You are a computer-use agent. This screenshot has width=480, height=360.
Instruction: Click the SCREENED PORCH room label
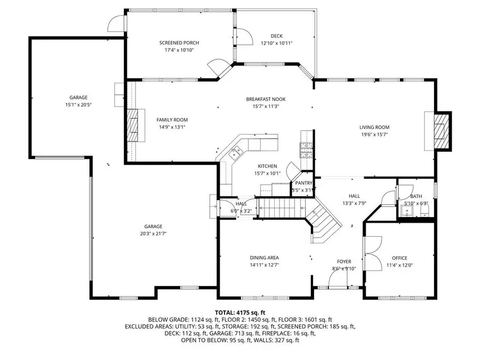tap(179, 43)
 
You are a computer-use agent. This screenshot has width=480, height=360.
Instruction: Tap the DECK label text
tap(276, 36)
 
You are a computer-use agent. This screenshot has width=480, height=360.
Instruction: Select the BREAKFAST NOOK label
tap(266, 99)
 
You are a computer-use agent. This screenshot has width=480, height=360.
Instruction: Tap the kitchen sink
tap(236, 152)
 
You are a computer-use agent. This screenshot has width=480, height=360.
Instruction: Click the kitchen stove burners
tap(307, 150)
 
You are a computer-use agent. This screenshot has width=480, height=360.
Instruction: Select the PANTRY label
tap(303, 183)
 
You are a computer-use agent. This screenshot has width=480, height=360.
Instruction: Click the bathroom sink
tap(407, 211)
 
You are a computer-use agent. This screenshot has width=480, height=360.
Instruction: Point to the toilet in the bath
tap(425, 211)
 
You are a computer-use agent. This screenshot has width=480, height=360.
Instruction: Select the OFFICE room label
tap(399, 258)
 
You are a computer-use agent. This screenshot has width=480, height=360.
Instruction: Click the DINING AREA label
tap(264, 258)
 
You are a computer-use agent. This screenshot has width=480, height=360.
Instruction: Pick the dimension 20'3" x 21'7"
tap(153, 234)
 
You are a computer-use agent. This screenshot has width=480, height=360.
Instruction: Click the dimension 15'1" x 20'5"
tap(78, 105)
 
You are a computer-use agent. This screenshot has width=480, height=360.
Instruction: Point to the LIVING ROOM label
tap(374, 127)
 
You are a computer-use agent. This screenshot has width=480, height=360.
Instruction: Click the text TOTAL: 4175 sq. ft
tap(240, 313)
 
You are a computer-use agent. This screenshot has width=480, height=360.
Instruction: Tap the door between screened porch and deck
tap(244, 37)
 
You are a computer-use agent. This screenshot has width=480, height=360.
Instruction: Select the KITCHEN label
tap(267, 166)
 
